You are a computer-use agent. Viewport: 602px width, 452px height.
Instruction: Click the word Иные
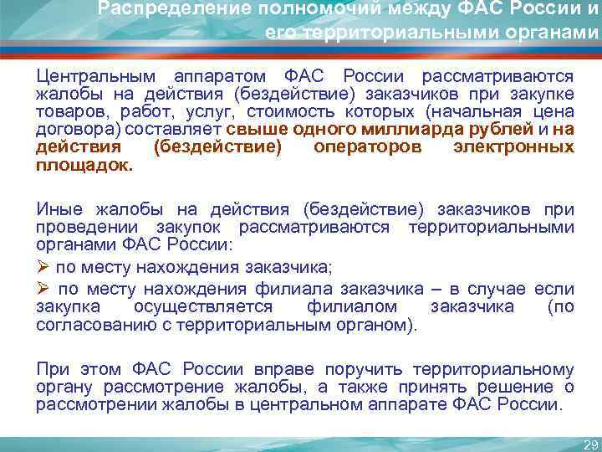click(x=56, y=208)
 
